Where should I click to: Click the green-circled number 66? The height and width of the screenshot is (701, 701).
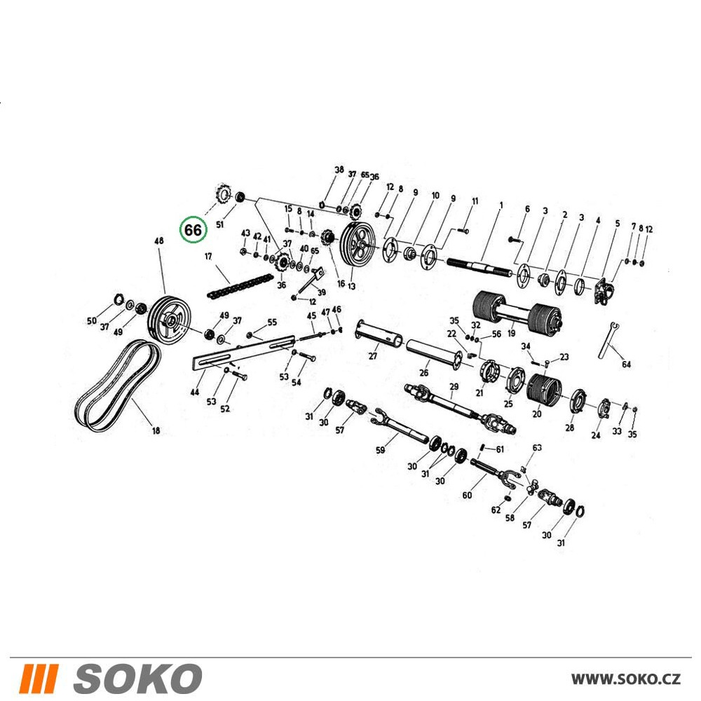[193, 230]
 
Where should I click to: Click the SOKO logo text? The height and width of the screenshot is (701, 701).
[137, 679]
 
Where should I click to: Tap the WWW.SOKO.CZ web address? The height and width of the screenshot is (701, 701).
[626, 679]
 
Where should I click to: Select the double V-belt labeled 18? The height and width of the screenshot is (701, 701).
[118, 385]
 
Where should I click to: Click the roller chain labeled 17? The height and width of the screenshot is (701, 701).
[240, 286]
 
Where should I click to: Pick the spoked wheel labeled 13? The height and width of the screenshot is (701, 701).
[358, 246]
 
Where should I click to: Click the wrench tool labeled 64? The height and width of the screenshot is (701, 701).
[608, 339]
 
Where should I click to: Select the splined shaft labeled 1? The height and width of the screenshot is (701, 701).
[479, 268]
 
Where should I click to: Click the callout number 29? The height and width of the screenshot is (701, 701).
[454, 386]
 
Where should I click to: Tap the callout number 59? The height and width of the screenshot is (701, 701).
[381, 450]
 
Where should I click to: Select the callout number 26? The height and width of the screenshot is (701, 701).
[424, 372]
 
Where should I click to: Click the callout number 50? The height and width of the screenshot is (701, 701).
[92, 320]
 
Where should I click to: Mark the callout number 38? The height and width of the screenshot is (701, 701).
[339, 170]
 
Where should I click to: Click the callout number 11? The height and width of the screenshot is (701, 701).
[475, 201]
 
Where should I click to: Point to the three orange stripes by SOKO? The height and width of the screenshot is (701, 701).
[39, 679]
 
